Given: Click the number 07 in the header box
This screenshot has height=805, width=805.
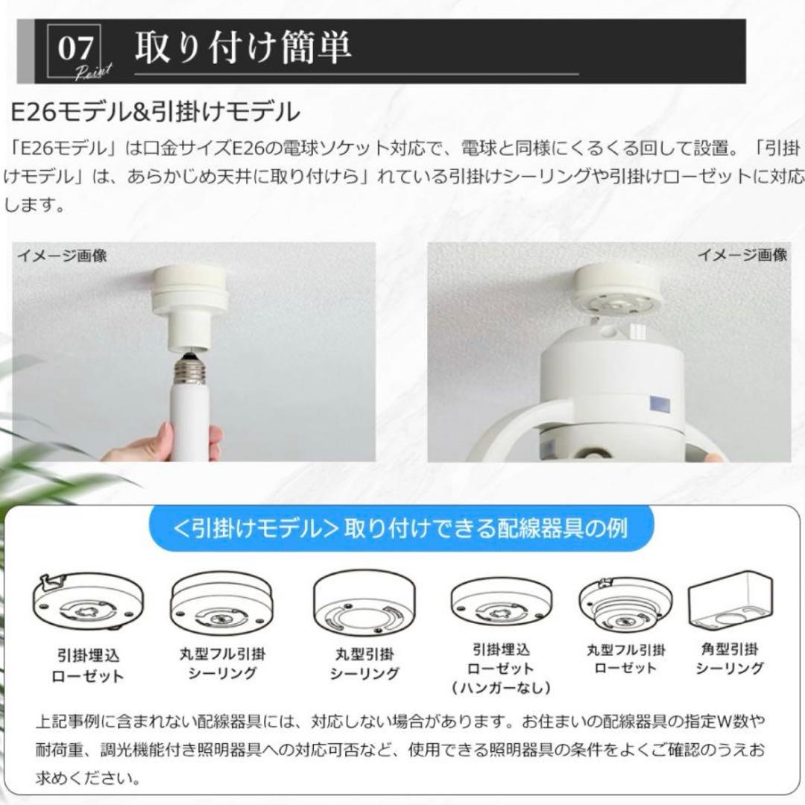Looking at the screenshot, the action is pyautogui.click(x=75, y=48).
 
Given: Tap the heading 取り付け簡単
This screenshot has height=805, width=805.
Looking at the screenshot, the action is pyautogui.click(x=243, y=47).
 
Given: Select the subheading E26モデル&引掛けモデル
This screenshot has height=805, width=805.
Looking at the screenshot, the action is pyautogui.click(x=155, y=111).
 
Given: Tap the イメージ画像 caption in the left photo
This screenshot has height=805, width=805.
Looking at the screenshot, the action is pyautogui.click(x=63, y=255).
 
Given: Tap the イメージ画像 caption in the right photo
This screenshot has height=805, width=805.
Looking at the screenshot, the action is pyautogui.click(x=742, y=254).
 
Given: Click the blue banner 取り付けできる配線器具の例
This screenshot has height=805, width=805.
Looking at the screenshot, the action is pyautogui.click(x=401, y=528).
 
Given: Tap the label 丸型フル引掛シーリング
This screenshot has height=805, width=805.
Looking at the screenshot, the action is pyautogui.click(x=222, y=663).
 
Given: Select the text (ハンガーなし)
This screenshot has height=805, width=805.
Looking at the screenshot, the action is pyautogui.click(x=501, y=687).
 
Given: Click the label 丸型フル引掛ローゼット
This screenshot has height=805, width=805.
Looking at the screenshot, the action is pyautogui.click(x=625, y=659).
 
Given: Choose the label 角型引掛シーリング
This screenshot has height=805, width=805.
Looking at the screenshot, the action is pyautogui.click(x=730, y=659).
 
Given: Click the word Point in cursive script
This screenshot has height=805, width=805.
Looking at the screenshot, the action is pyautogui.click(x=93, y=72).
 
